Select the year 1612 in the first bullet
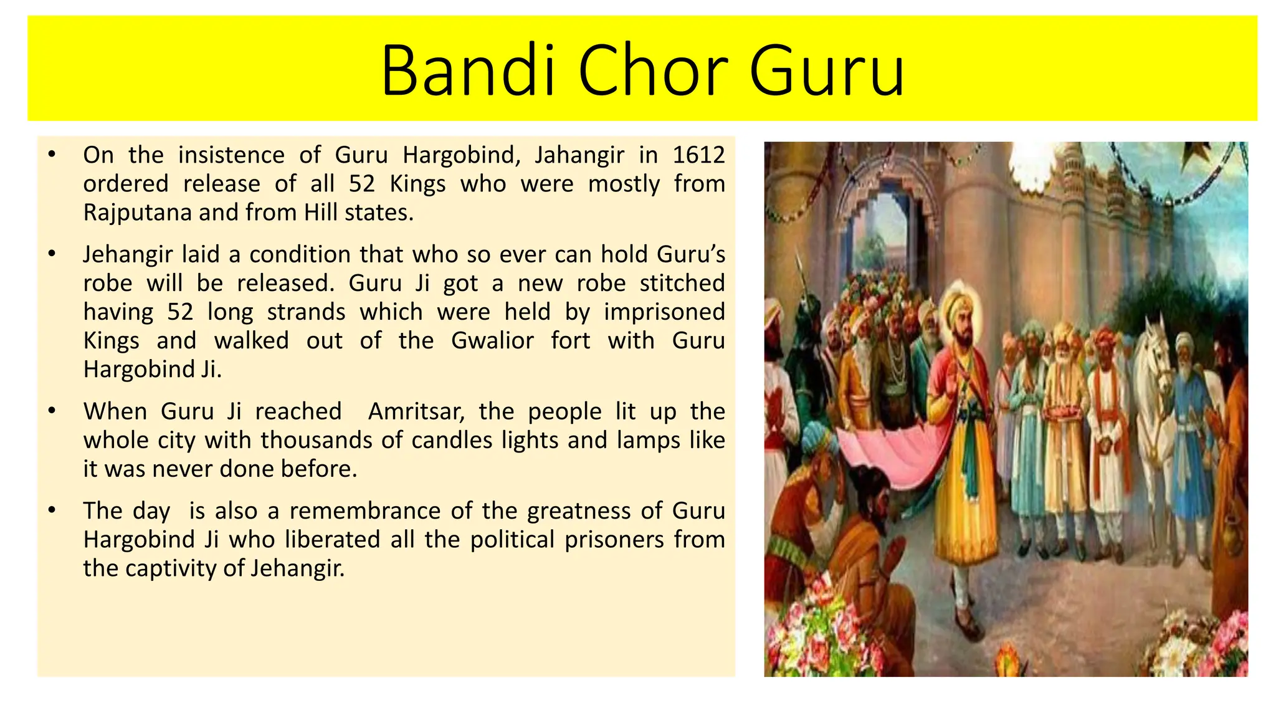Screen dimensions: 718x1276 (698, 155)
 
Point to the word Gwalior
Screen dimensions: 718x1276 (492, 340)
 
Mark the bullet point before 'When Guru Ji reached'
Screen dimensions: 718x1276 (52, 411)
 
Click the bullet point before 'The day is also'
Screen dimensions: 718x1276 (52, 510)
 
